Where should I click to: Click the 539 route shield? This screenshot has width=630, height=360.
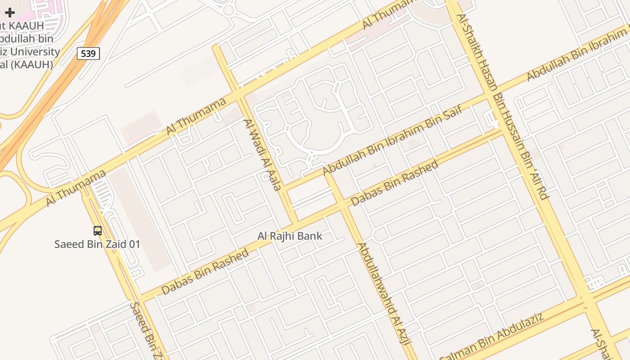coord(88,54)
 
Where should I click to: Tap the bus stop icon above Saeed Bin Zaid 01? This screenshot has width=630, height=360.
coord(98,231)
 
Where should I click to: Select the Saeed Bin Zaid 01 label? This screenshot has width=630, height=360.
coord(97,244)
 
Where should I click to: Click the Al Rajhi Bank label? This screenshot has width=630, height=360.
coord(290,236)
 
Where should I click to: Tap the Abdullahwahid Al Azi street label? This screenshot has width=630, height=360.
coord(385,295)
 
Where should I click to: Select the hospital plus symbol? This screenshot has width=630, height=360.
coord(10,13)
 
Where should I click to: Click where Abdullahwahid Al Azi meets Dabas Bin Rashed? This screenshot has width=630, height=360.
coord(342,204)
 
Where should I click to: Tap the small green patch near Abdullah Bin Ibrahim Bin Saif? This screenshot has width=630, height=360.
coord(374,166)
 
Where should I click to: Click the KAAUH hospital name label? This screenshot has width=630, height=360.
coord(27,45)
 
